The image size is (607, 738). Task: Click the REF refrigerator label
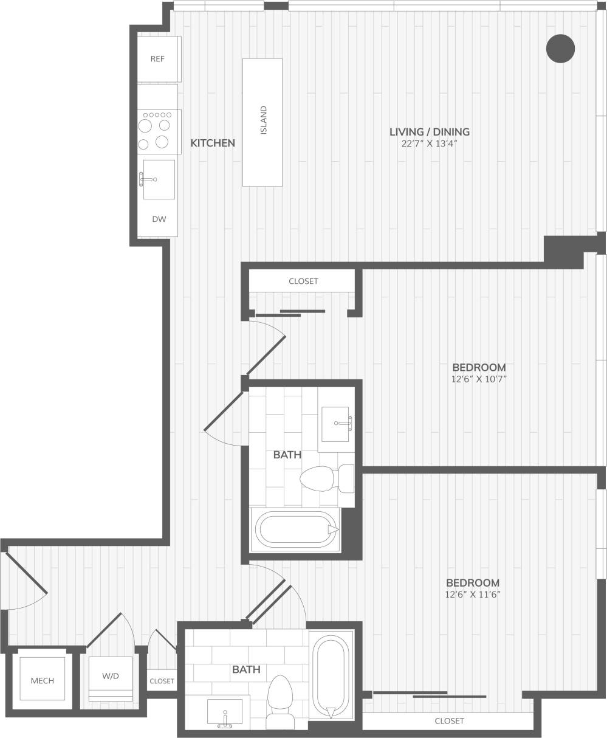pyautogui.click(x=157, y=59)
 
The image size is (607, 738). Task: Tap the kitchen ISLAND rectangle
pyautogui.click(x=262, y=122)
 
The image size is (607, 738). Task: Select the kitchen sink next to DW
pyautogui.click(x=159, y=179)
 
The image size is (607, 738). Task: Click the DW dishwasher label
pyautogui.click(x=158, y=219)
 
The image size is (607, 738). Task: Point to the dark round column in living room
pyautogui.click(x=560, y=49)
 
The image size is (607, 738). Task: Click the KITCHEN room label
pyautogui.click(x=213, y=143)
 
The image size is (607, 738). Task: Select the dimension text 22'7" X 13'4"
pyautogui.click(x=429, y=144)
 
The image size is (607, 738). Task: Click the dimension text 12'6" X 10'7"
pyautogui.click(x=479, y=379)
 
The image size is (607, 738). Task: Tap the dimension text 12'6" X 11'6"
pyautogui.click(x=472, y=595)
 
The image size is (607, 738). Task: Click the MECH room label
pyautogui.click(x=43, y=680)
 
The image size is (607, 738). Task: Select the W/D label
pyautogui.click(x=111, y=675)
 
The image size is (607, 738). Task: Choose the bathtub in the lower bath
pyautogui.click(x=331, y=676)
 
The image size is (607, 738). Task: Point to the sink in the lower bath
pyautogui.click(x=225, y=712)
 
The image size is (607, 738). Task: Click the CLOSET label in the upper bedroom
pyautogui.click(x=303, y=281)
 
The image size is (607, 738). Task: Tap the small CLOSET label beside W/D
pyautogui.click(x=162, y=681)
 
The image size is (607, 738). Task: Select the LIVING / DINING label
pyautogui.click(x=430, y=131)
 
